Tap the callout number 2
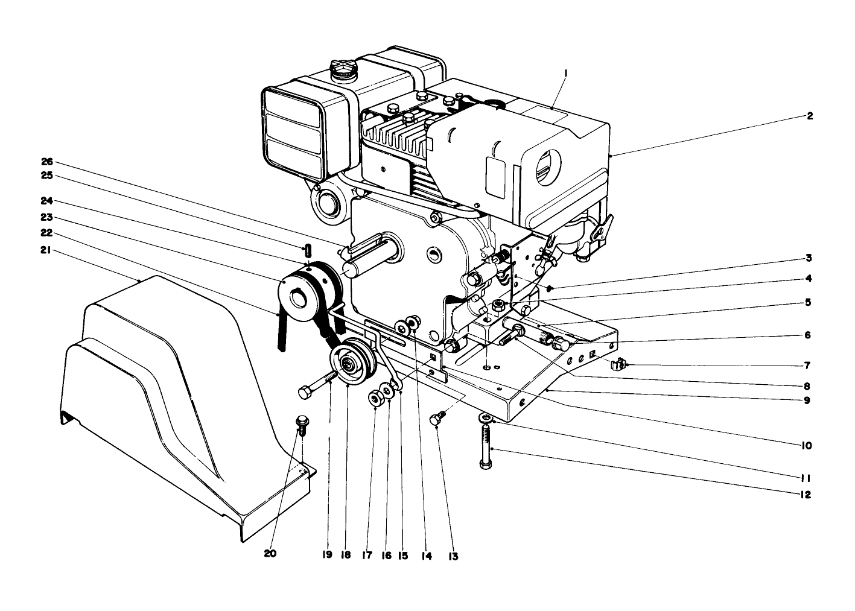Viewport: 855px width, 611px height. tap(810, 116)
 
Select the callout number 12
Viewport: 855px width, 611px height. tap(806, 495)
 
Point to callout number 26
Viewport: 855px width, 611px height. tap(47, 162)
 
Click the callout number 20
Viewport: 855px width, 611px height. tap(270, 553)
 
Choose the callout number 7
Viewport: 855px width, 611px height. tap(807, 365)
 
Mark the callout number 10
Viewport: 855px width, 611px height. tap(807, 446)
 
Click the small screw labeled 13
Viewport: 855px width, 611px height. tap(437, 418)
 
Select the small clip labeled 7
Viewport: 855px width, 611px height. tap(618, 364)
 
